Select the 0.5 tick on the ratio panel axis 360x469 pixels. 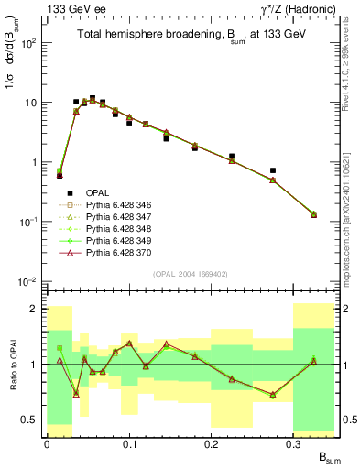(30, 420)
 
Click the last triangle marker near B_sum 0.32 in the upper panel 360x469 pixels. (314, 214)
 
